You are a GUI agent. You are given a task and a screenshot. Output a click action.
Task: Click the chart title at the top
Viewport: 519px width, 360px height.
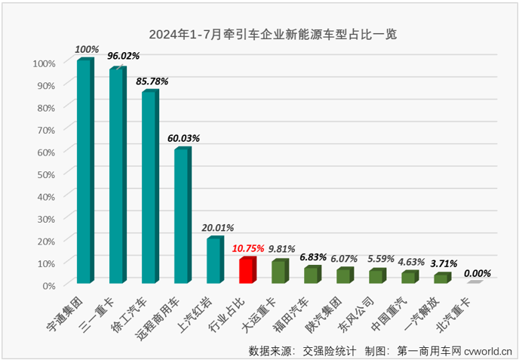[272, 34]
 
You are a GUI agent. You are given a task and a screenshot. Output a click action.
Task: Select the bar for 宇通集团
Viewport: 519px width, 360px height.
[84, 171]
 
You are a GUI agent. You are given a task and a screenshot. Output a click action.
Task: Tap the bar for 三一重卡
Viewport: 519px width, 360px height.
[117, 175]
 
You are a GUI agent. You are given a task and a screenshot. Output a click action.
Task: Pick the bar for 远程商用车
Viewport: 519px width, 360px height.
[182, 215]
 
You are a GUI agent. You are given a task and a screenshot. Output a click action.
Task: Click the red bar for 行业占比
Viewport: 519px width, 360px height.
[247, 270]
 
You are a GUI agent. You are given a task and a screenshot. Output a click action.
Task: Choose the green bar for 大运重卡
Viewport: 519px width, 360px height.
[279, 272]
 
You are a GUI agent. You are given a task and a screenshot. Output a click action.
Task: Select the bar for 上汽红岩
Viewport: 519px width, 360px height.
[214, 260]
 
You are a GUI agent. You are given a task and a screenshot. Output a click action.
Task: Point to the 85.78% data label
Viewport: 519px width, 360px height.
[153, 80]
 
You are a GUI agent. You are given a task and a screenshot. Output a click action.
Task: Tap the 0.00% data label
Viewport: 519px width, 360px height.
[477, 273]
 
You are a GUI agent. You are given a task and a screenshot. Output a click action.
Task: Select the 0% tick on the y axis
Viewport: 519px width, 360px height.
[49, 285]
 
